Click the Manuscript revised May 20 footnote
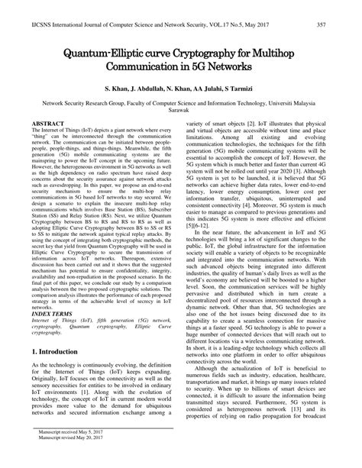click(x=64, y=459)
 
